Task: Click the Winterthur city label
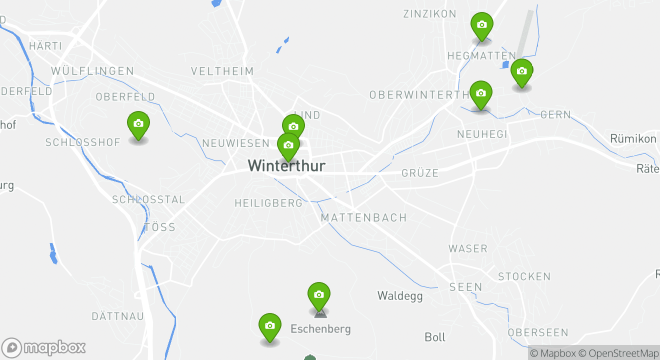click(x=286, y=165)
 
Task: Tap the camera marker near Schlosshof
click(x=138, y=124)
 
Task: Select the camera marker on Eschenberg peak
click(x=318, y=295)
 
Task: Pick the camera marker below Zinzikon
click(x=481, y=25)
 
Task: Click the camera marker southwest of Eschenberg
click(x=269, y=326)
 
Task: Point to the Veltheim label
click(x=222, y=71)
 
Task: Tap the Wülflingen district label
click(x=92, y=71)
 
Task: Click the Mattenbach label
click(x=363, y=218)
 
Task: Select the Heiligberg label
click(x=268, y=203)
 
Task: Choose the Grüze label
click(x=420, y=173)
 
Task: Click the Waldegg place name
click(x=399, y=296)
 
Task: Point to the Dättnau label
click(x=117, y=316)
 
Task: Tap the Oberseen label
click(x=538, y=332)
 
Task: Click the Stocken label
click(x=524, y=276)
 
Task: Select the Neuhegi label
click(x=482, y=134)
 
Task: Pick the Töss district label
click(x=160, y=227)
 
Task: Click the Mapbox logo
click(x=44, y=347)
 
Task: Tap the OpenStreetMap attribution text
click(x=623, y=353)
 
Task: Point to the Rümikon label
click(x=633, y=138)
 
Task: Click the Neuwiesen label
click(x=235, y=143)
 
